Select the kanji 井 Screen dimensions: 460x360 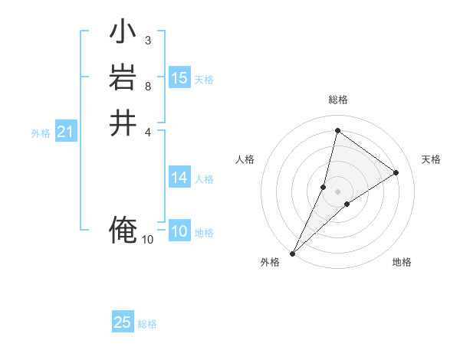click(x=123, y=123)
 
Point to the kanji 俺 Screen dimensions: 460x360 click(x=123, y=230)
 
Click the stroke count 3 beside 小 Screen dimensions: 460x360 click(x=147, y=40)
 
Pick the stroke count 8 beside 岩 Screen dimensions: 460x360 click(x=147, y=86)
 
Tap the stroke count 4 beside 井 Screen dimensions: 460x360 click(x=147, y=131)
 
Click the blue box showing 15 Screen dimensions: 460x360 click(x=179, y=78)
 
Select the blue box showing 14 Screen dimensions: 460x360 click(x=179, y=178)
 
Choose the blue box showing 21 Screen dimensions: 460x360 click(x=65, y=133)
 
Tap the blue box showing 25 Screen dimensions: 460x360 click(x=123, y=322)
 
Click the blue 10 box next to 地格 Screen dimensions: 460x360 click(x=179, y=231)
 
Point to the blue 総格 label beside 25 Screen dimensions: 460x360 click(x=147, y=324)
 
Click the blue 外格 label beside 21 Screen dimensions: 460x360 click(x=41, y=133)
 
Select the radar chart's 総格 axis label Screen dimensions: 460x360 click(x=337, y=100)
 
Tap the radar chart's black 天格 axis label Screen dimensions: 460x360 click(x=431, y=159)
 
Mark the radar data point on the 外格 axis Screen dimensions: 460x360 click(x=292, y=253)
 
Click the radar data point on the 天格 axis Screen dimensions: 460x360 click(x=396, y=172)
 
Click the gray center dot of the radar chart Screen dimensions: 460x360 click(x=337, y=191)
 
